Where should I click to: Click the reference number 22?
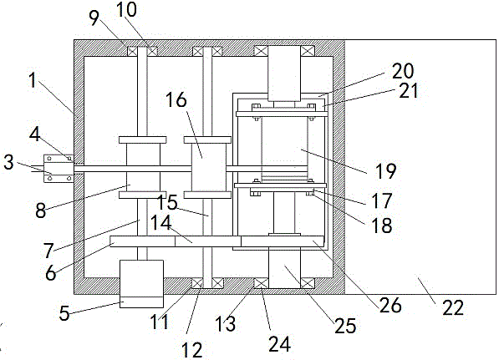(453, 307)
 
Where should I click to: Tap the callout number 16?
(176, 99)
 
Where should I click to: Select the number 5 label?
(64, 313)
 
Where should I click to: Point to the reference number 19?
(386, 171)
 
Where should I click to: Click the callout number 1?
(33, 80)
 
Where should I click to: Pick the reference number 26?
(390, 306)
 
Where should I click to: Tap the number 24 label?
(279, 344)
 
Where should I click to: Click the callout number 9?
(94, 18)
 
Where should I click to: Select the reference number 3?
(8, 162)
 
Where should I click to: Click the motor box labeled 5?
(141, 284)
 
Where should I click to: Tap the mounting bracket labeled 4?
(58, 168)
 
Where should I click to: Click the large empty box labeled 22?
(420, 167)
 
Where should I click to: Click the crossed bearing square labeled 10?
(152, 51)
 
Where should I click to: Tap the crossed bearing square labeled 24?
(261, 283)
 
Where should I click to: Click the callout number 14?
(160, 223)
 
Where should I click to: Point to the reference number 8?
(41, 210)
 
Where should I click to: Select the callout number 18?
(382, 225)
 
